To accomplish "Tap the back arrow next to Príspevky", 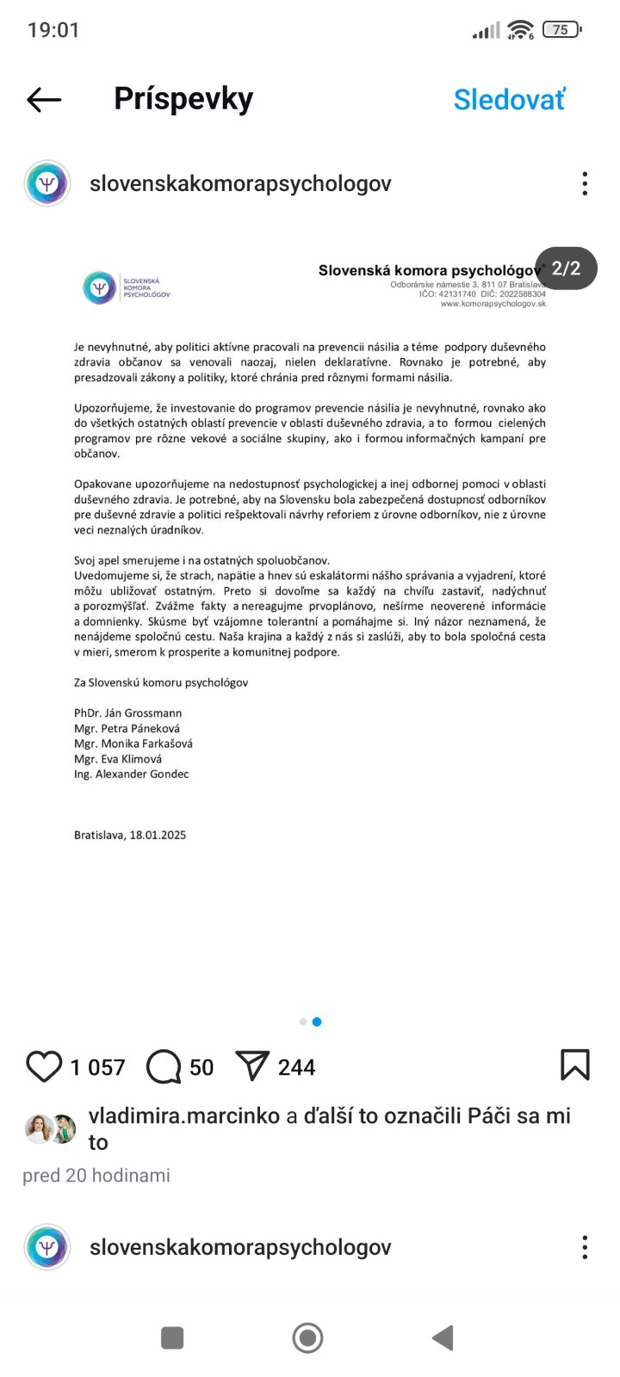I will (44, 100).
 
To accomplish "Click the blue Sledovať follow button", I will (509, 100).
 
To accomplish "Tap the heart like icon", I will (44, 1066).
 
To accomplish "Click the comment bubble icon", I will (164, 1066).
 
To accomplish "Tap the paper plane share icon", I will (252, 1066).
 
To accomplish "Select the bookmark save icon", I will (574, 1065).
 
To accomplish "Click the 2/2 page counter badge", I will (566, 269).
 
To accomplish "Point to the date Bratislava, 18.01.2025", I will (130, 835).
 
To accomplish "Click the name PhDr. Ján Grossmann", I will (127, 713).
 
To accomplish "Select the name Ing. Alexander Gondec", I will (131, 774).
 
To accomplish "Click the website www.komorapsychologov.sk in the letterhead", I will (493, 304).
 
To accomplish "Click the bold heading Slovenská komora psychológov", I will (429, 270).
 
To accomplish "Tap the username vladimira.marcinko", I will (184, 1115).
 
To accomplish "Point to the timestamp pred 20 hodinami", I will (96, 1175).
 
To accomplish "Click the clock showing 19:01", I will (53, 30).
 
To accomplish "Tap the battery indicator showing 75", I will (561, 30).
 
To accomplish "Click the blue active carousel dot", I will (317, 1022).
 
